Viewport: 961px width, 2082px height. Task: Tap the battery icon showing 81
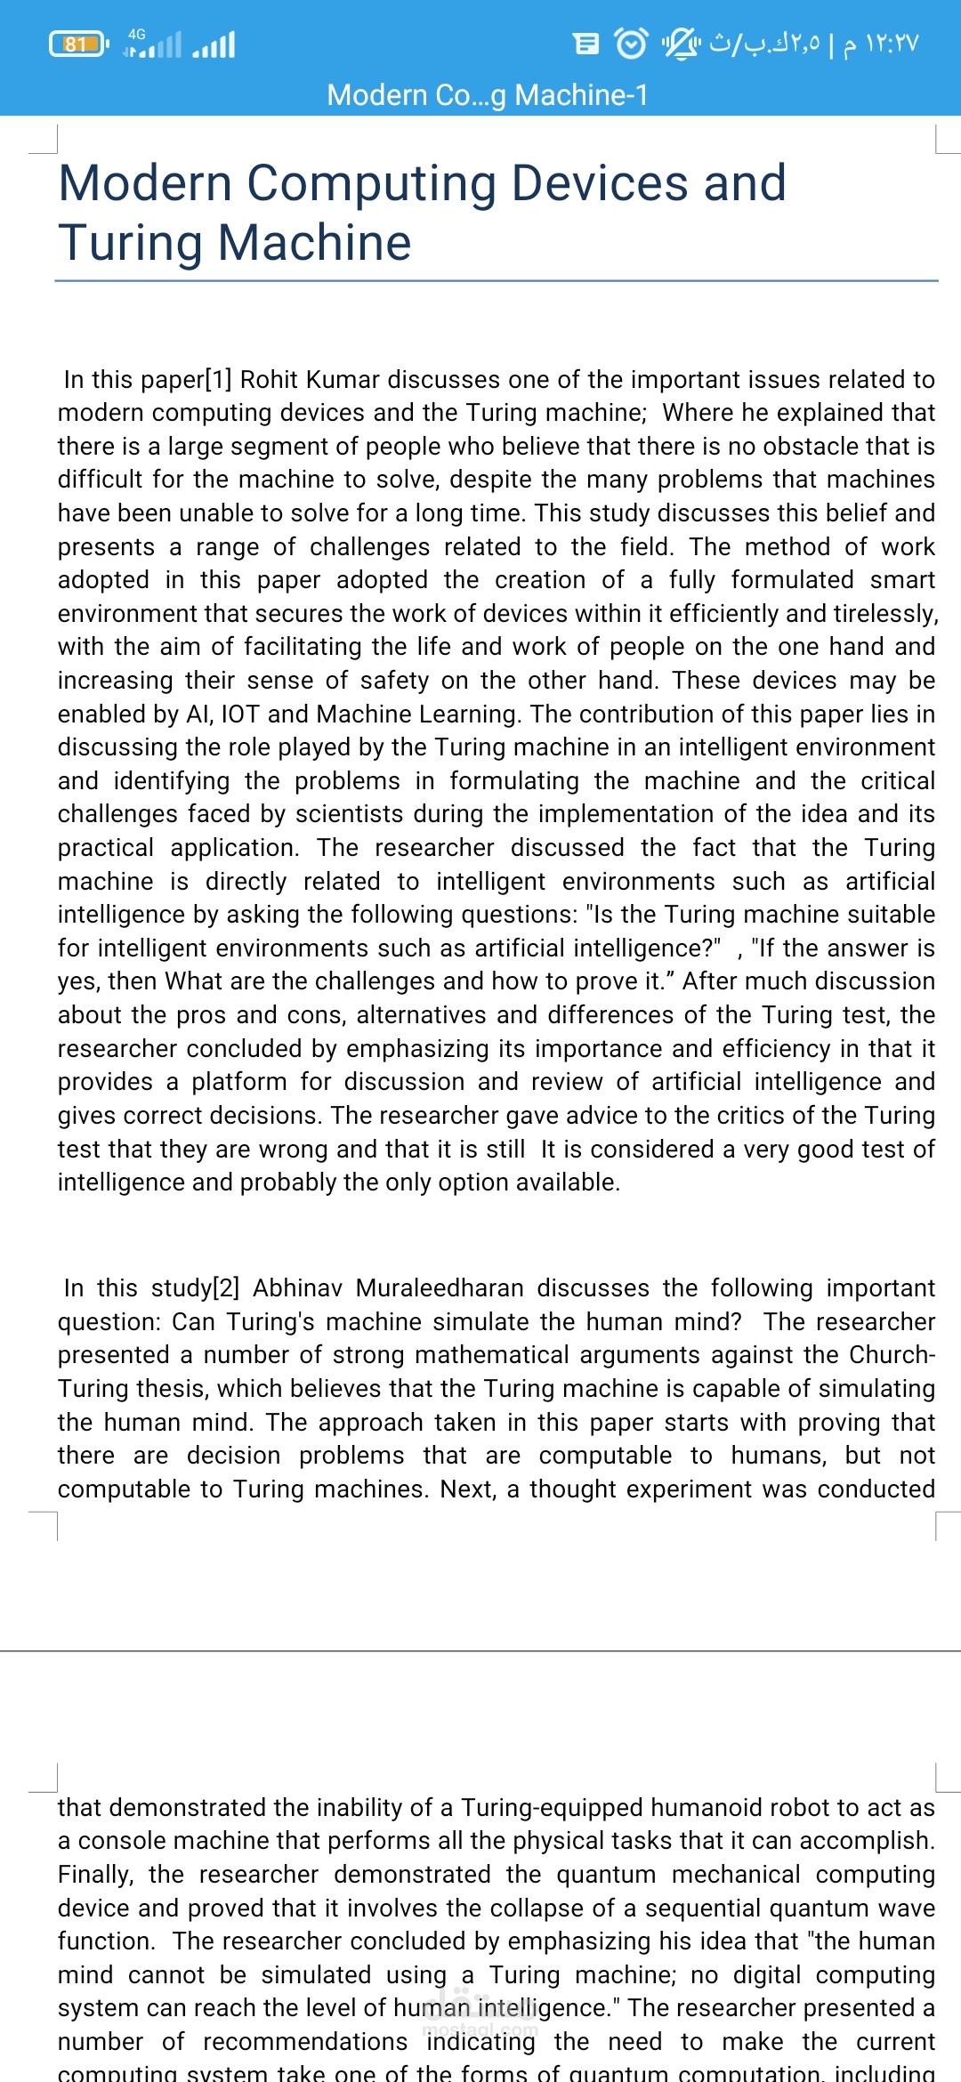[78, 44]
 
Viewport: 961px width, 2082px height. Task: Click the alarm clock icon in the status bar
[632, 43]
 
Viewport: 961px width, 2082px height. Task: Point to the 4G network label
[137, 34]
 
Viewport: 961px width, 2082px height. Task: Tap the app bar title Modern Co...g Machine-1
[488, 94]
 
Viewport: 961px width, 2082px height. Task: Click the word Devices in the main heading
[599, 183]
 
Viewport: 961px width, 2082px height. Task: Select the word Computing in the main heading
[371, 183]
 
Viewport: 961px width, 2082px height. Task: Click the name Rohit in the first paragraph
[270, 380]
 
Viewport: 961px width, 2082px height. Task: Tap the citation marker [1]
[219, 380]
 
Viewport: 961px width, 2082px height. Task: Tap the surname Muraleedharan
[440, 1288]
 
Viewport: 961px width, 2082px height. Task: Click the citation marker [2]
[226, 1288]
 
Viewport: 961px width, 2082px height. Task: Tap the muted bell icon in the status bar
[682, 43]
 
